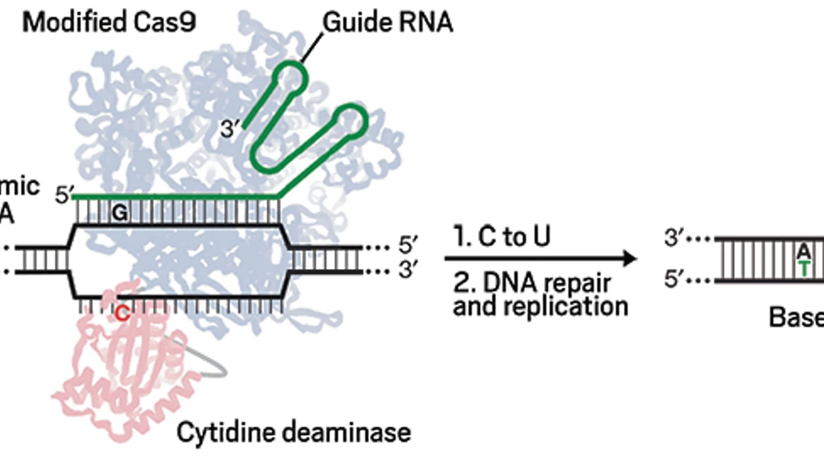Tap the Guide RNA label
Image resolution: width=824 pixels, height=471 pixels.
388,22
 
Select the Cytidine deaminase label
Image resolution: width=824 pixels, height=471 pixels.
294,432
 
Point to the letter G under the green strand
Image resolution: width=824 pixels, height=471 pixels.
119,213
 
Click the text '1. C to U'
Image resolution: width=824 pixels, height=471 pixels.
502,237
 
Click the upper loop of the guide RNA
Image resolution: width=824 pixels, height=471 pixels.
288,77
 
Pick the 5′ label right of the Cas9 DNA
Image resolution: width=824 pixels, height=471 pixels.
407,246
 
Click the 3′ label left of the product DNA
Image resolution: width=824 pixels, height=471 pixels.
675,238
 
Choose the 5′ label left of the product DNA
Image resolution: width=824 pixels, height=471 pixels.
675,281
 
